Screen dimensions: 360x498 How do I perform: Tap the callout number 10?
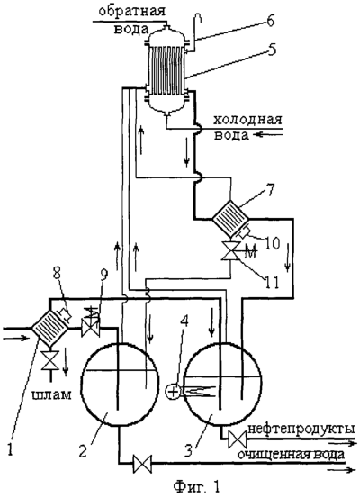pos(272,243)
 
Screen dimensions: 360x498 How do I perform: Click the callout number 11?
pos(272,281)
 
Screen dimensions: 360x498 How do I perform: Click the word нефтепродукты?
pos(301,429)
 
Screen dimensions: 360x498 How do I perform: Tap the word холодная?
pos(247,121)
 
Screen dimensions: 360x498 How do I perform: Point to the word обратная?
pos(132,12)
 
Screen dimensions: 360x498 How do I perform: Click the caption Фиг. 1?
pos(197,486)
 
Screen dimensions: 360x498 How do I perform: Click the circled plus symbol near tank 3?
pos(174,391)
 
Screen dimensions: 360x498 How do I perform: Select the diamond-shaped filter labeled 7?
pos(230,218)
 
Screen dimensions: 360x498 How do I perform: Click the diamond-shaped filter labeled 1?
pos(50,329)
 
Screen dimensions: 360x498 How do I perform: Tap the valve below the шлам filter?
pos(50,360)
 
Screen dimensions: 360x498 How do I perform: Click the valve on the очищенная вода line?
pos(142,464)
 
